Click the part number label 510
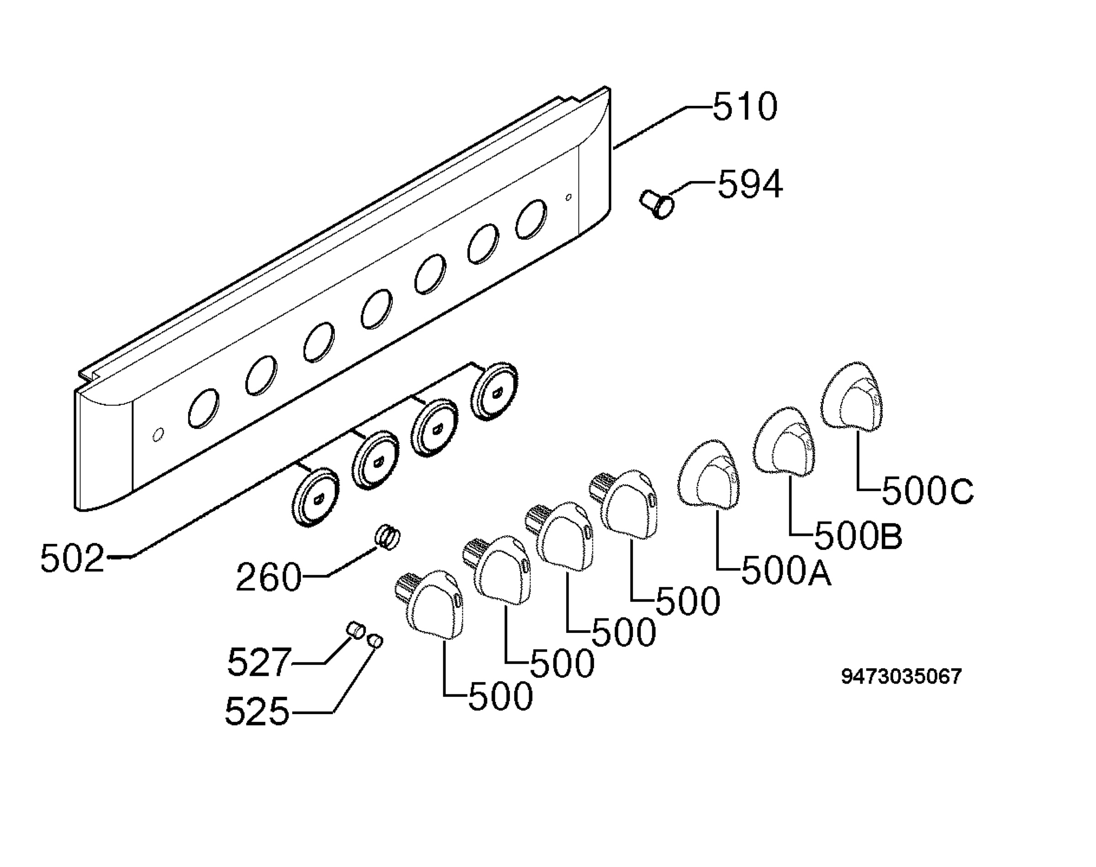click(744, 107)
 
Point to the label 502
click(72, 559)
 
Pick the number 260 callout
click(269, 577)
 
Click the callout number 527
click(259, 662)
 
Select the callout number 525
click(257, 711)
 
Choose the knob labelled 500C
click(852, 397)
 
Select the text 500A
click(787, 570)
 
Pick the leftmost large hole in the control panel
click(204, 408)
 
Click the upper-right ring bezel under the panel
click(494, 392)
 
